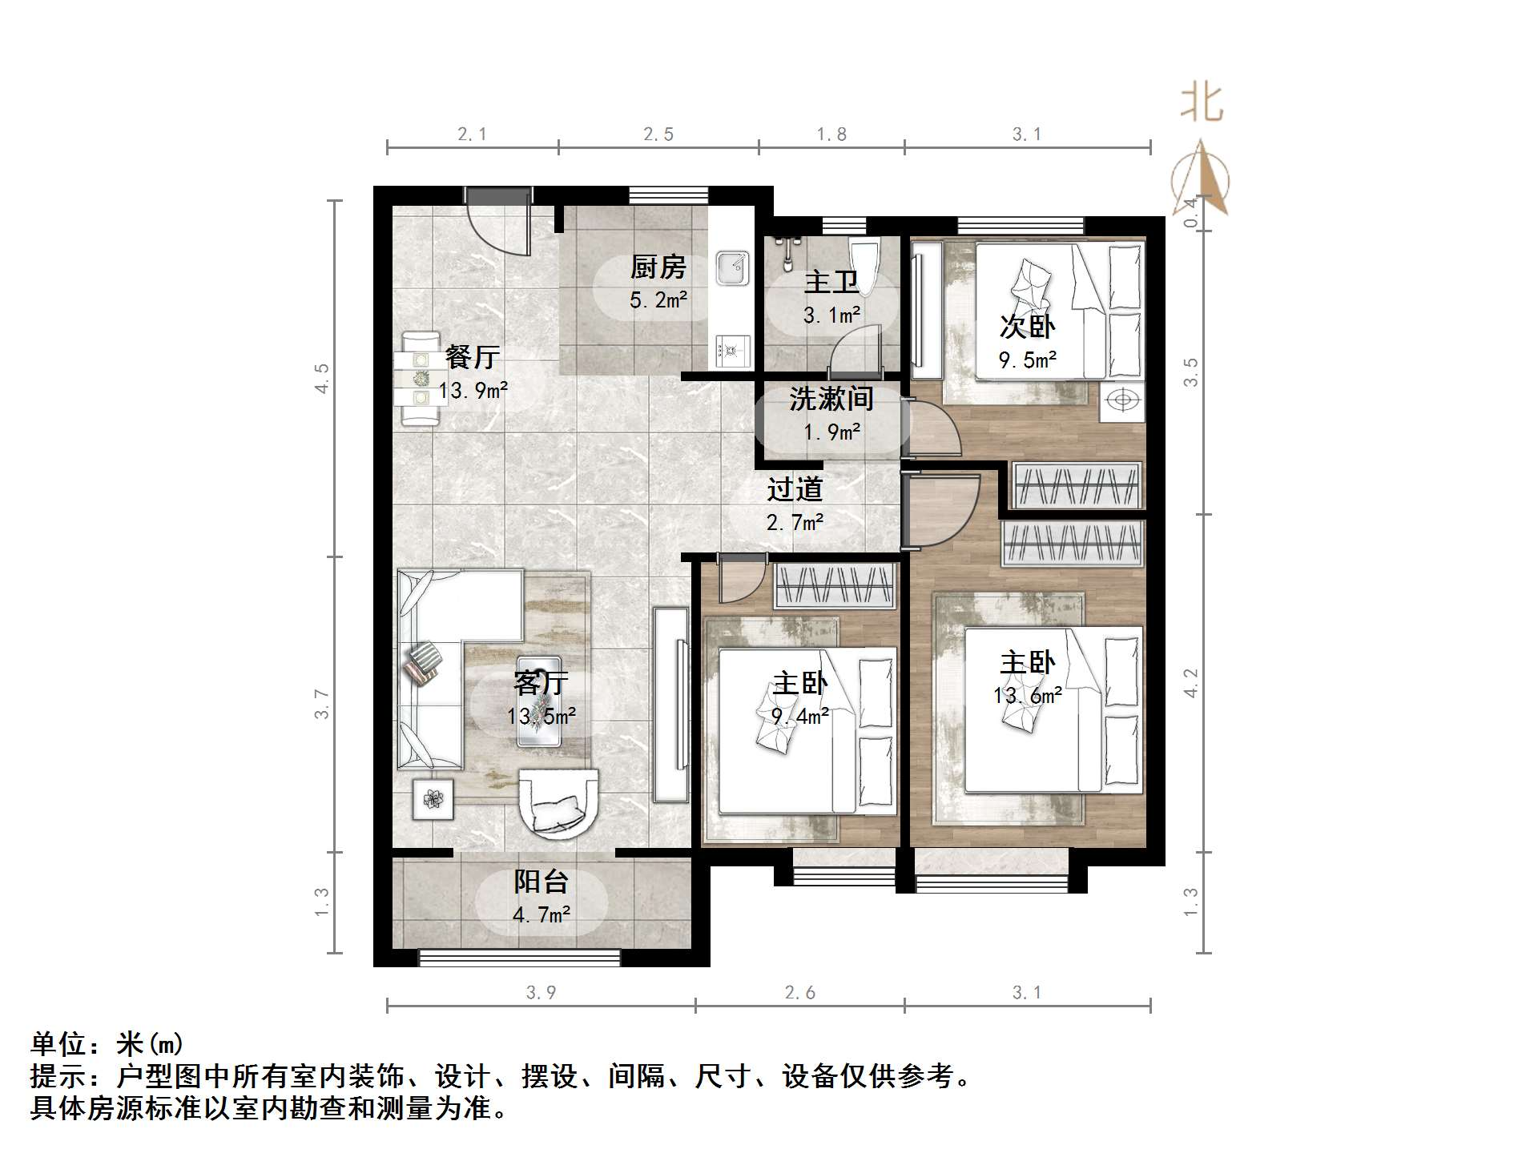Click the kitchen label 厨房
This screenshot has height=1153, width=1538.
(x=658, y=267)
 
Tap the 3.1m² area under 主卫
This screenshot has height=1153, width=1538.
(x=831, y=315)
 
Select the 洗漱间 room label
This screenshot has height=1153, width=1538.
(x=831, y=399)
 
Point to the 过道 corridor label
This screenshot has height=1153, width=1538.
(x=795, y=489)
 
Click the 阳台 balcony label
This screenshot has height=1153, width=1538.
(x=541, y=882)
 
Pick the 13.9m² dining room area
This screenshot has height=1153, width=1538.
(x=473, y=391)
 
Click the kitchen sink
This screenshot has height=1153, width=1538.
(x=732, y=268)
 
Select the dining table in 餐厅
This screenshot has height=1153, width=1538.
(x=420, y=379)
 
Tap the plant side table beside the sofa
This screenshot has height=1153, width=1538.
(x=433, y=799)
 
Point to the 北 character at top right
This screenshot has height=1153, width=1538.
(x=1201, y=103)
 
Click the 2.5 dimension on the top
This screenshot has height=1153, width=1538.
(x=658, y=135)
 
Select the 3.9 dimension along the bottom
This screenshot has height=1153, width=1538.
(x=541, y=993)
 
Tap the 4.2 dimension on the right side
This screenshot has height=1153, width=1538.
(x=1191, y=683)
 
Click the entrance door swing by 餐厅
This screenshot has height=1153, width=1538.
(x=500, y=224)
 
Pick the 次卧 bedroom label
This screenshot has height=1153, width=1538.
(x=1027, y=327)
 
